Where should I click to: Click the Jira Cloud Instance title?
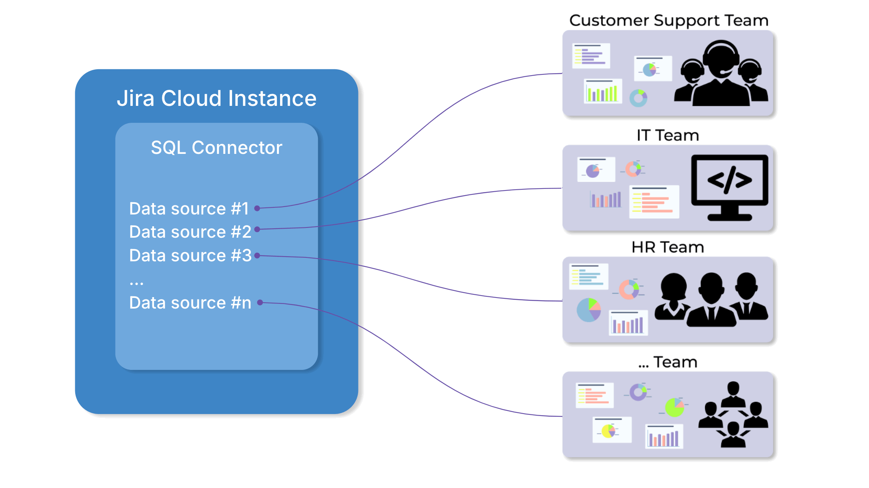(217, 98)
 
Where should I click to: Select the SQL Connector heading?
(217, 148)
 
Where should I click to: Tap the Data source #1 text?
(189, 209)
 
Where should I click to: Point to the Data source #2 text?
(190, 232)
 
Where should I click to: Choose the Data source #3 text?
(190, 255)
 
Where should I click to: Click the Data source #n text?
(190, 303)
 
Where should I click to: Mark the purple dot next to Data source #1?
(257, 208)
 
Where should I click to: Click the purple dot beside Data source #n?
(260, 302)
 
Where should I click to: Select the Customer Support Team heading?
(668, 20)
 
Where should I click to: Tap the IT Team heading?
(668, 135)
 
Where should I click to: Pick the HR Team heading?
(668, 247)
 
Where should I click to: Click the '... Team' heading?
(668, 362)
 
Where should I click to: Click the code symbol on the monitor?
(730, 180)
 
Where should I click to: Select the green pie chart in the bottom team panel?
(674, 407)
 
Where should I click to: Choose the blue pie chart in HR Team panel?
(589, 310)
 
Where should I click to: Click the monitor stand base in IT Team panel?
(730, 217)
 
